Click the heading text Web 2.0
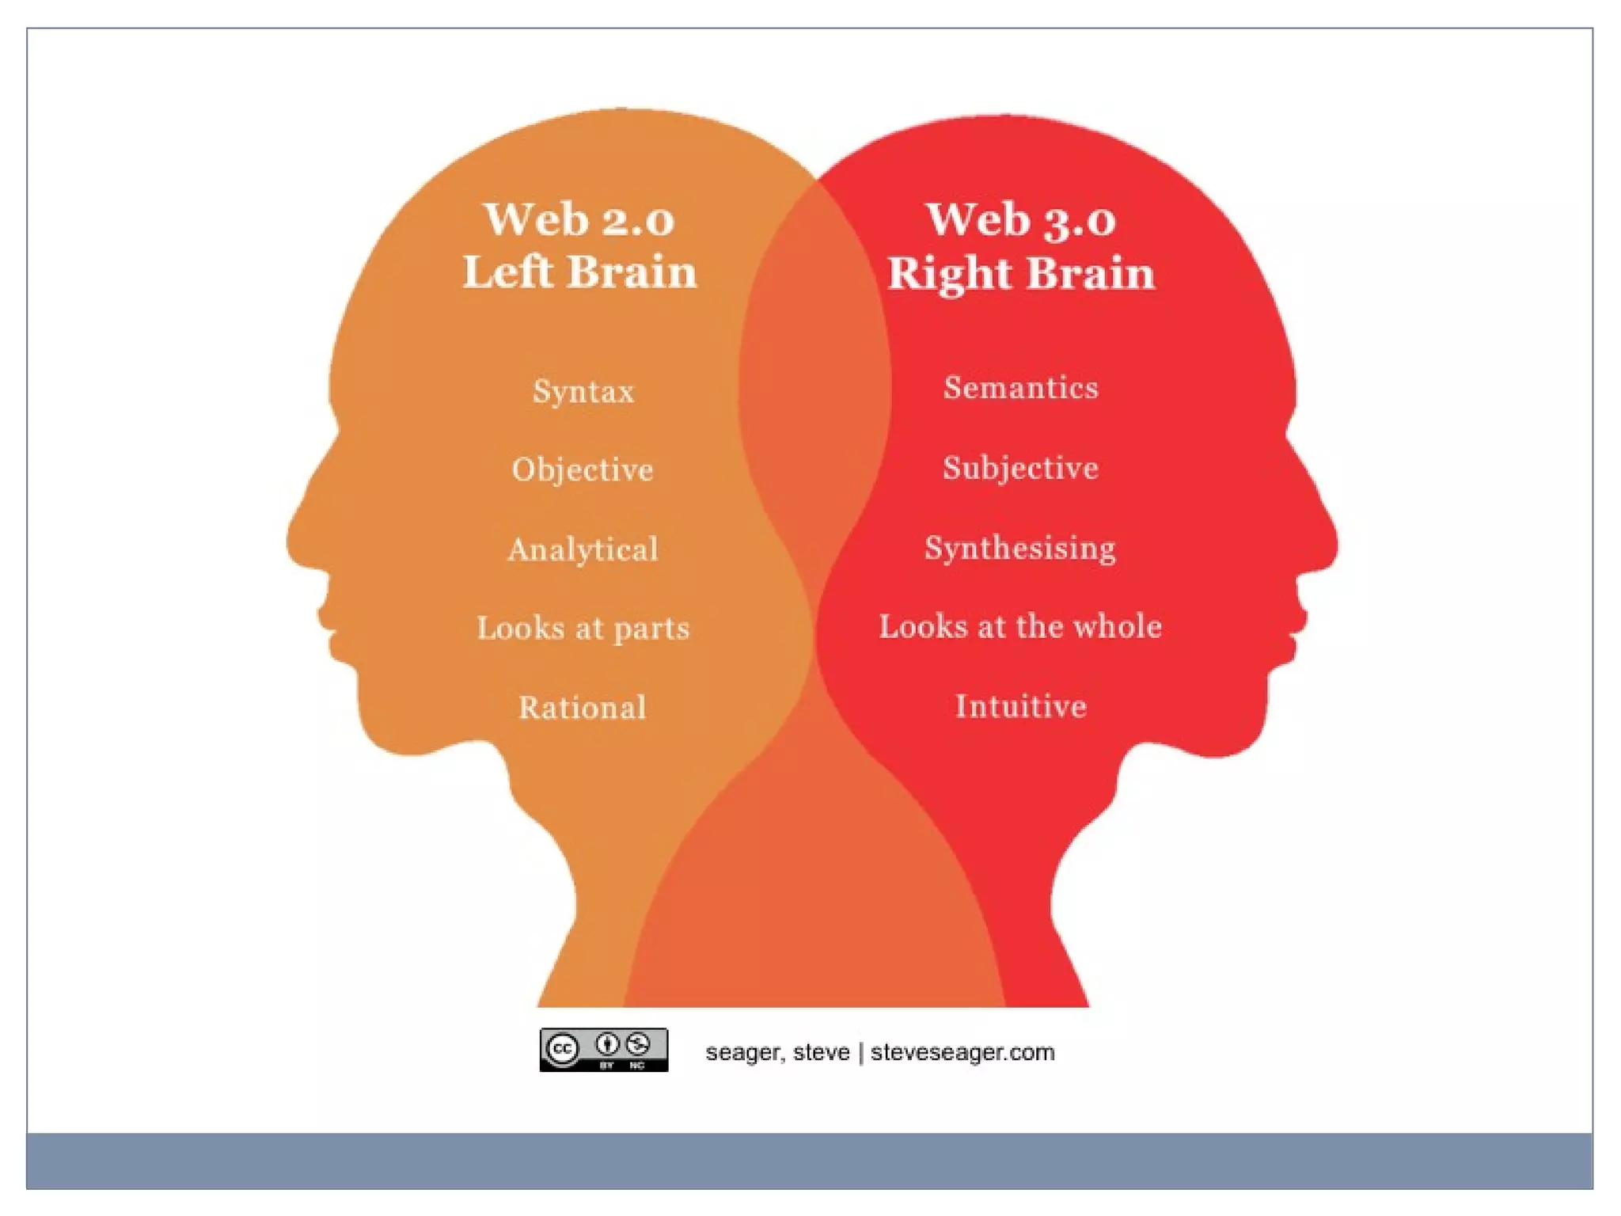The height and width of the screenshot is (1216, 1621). (x=579, y=218)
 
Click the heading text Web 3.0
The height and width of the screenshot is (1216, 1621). (x=1020, y=218)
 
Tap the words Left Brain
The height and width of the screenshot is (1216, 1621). (x=579, y=272)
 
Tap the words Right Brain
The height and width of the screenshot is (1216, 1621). (x=1020, y=273)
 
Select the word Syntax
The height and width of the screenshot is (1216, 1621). (x=583, y=391)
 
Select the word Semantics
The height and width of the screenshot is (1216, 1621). (x=1020, y=387)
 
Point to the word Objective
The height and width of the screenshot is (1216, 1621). (x=583, y=469)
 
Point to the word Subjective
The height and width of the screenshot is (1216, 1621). (x=1020, y=468)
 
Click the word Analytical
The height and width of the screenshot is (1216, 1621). (x=583, y=549)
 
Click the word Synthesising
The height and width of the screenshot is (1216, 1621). (x=1020, y=548)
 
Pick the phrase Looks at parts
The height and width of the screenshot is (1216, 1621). (x=583, y=628)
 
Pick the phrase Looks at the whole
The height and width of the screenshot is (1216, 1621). (x=1020, y=626)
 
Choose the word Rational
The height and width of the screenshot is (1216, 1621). (x=583, y=707)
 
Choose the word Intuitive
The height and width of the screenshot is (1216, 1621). (x=1020, y=705)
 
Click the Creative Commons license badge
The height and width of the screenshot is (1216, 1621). (x=604, y=1050)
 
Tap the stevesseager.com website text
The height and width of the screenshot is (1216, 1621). (x=962, y=1052)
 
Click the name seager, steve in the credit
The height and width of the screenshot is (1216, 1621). (x=776, y=1052)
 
